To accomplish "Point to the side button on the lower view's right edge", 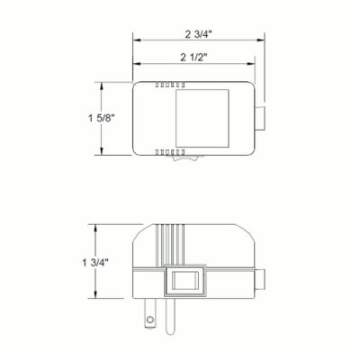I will [262, 279].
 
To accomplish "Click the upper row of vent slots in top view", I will [165, 87].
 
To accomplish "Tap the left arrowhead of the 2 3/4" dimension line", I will [136, 40].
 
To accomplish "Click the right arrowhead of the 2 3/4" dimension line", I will [265, 40].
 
